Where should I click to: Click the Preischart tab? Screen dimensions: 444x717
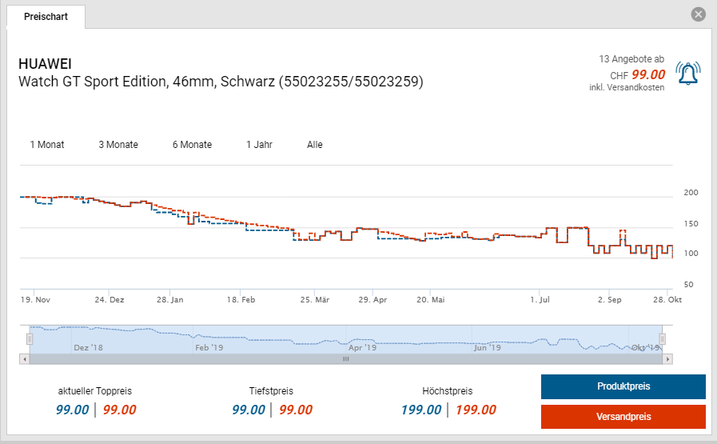(x=46, y=17)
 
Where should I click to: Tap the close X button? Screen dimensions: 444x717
(x=699, y=14)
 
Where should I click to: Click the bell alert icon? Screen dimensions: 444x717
(x=687, y=74)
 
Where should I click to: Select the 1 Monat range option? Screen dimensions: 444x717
(x=47, y=145)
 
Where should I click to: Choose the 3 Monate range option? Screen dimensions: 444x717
(x=118, y=145)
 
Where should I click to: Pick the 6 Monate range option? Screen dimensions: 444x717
(x=192, y=145)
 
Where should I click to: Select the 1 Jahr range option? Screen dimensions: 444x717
(x=260, y=145)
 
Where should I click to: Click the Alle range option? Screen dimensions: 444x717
(x=315, y=145)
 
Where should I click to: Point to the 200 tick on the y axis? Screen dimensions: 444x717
(x=691, y=193)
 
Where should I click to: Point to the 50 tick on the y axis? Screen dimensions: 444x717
(x=689, y=285)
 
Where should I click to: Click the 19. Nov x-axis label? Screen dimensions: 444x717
(x=35, y=300)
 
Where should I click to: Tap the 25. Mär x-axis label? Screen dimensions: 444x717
(x=315, y=300)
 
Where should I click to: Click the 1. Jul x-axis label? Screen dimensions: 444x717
(x=541, y=300)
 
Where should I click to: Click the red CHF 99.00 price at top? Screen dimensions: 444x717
(x=648, y=74)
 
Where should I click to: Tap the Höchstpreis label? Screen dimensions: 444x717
(x=448, y=391)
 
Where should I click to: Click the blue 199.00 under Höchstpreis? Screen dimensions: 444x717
(x=421, y=410)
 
